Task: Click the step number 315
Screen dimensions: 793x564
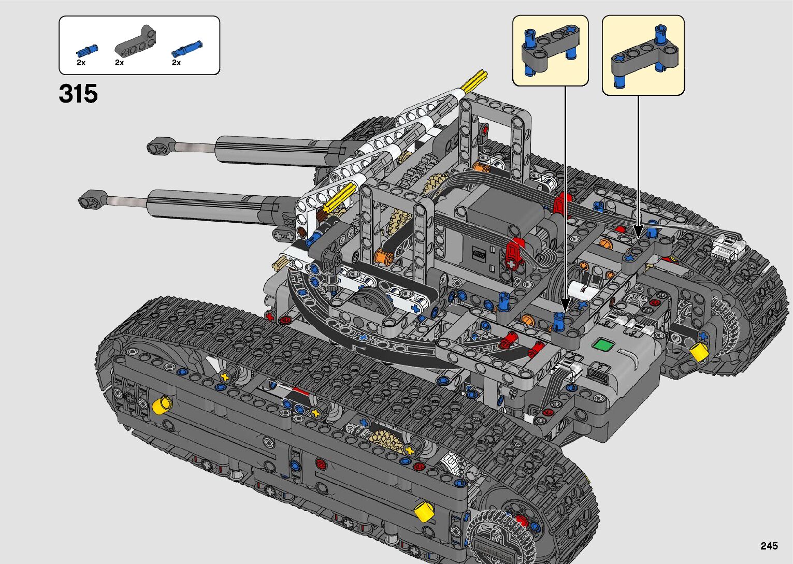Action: pyautogui.click(x=78, y=94)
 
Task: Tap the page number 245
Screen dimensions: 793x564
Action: pyautogui.click(x=769, y=545)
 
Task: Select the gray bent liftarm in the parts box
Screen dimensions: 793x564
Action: pyautogui.click(x=136, y=42)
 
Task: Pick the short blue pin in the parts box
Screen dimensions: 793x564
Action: pyautogui.click(x=87, y=51)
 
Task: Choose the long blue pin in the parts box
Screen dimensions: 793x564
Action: pyautogui.click(x=187, y=49)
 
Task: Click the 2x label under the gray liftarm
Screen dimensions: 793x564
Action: pyautogui.click(x=119, y=63)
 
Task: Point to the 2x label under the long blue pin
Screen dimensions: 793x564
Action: pyautogui.click(x=176, y=63)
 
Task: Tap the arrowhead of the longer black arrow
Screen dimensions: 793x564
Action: pyautogui.click(x=565, y=305)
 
